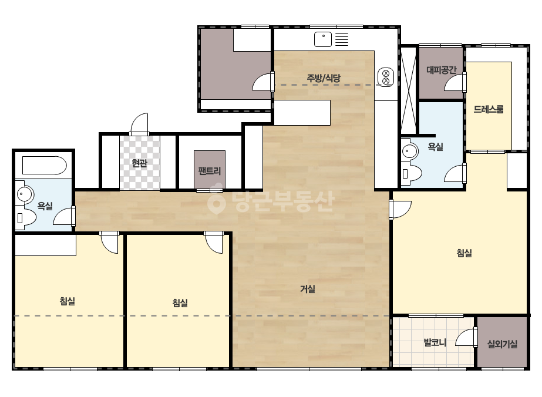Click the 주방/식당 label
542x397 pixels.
click(x=324, y=78)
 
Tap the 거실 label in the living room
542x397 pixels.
click(x=307, y=289)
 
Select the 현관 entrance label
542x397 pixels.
click(x=140, y=163)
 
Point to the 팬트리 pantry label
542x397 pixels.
click(x=210, y=170)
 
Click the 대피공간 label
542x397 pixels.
click(x=442, y=70)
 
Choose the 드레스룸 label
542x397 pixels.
click(x=489, y=109)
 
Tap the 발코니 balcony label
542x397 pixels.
click(x=435, y=343)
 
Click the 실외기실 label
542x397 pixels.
click(x=502, y=344)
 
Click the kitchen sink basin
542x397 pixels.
click(x=323, y=39)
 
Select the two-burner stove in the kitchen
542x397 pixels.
click(x=386, y=77)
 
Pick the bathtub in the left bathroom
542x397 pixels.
click(x=45, y=166)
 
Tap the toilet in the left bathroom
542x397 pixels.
click(x=26, y=218)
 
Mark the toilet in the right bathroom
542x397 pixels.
click(x=411, y=173)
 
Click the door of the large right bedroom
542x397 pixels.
click(x=400, y=210)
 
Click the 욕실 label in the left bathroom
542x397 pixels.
click(x=45, y=207)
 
